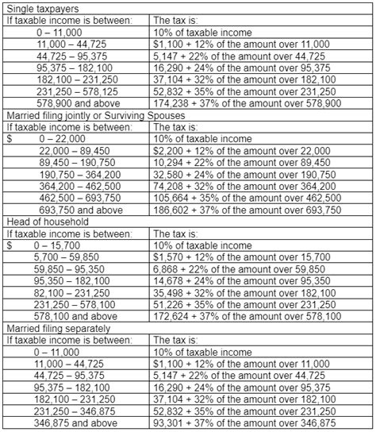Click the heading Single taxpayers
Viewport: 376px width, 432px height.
[x=37, y=8]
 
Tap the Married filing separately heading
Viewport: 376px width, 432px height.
[x=56, y=328]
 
